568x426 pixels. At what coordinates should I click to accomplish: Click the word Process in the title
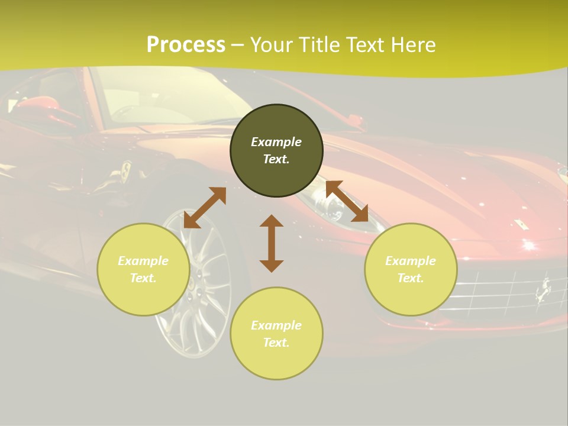click(x=186, y=45)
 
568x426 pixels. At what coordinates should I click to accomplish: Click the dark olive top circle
click(x=276, y=150)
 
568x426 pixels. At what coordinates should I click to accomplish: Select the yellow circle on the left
click(x=143, y=270)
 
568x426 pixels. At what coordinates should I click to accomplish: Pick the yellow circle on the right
click(x=411, y=270)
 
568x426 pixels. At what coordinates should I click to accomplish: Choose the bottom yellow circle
click(x=276, y=334)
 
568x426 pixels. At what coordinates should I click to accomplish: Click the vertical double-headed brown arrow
click(x=272, y=243)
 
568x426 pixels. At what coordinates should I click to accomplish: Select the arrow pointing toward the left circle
click(x=205, y=208)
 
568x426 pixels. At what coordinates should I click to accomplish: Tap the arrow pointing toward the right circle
click(x=347, y=201)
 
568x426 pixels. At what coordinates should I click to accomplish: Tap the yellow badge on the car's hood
click(x=521, y=224)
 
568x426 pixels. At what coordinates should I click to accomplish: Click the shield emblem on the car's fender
click(x=125, y=172)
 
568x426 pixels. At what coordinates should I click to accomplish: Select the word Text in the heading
click(x=365, y=45)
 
